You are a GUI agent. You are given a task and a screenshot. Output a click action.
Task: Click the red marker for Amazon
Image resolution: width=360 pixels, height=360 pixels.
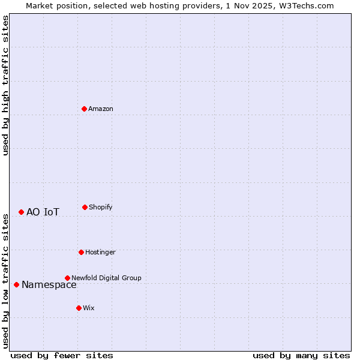[x=84, y=109]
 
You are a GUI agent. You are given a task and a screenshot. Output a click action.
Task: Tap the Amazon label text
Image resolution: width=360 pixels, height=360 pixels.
[x=101, y=109]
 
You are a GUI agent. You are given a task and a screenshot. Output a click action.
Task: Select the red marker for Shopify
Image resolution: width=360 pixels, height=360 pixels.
[x=85, y=207]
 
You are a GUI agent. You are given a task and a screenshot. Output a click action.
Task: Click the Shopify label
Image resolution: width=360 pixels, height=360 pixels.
[x=101, y=207]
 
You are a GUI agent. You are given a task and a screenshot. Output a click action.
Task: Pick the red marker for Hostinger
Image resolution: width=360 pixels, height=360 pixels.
[x=81, y=252]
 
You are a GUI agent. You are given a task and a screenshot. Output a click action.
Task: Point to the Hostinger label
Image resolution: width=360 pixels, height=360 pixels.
[x=100, y=252]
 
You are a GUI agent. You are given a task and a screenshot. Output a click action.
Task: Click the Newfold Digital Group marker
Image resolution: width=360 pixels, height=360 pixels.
[x=67, y=278]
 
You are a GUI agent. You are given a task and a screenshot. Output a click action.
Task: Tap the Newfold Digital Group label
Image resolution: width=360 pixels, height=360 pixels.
[x=106, y=278]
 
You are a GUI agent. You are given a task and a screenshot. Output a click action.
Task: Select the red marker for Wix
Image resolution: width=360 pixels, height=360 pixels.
[x=79, y=308]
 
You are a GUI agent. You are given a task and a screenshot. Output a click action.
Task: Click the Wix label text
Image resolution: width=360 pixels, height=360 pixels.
[x=89, y=308]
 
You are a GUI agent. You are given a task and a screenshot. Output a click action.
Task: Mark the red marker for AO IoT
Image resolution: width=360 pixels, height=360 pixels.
[x=21, y=212]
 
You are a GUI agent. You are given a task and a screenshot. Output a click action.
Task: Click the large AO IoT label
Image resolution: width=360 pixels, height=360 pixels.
[x=43, y=212]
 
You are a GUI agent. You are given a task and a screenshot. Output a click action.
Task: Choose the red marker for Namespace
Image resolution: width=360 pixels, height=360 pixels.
[x=16, y=284]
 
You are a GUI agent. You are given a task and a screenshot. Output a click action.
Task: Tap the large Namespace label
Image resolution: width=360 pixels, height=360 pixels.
[x=49, y=285]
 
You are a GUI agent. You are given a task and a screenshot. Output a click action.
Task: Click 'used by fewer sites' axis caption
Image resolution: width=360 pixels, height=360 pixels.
[x=62, y=355]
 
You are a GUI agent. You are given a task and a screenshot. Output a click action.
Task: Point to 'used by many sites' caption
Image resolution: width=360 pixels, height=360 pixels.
[x=301, y=355]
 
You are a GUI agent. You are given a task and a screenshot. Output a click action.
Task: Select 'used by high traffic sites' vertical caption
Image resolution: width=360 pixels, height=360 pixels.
[x=6, y=85]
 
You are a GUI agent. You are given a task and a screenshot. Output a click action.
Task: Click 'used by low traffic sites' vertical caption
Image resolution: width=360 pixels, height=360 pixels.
[x=6, y=280]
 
